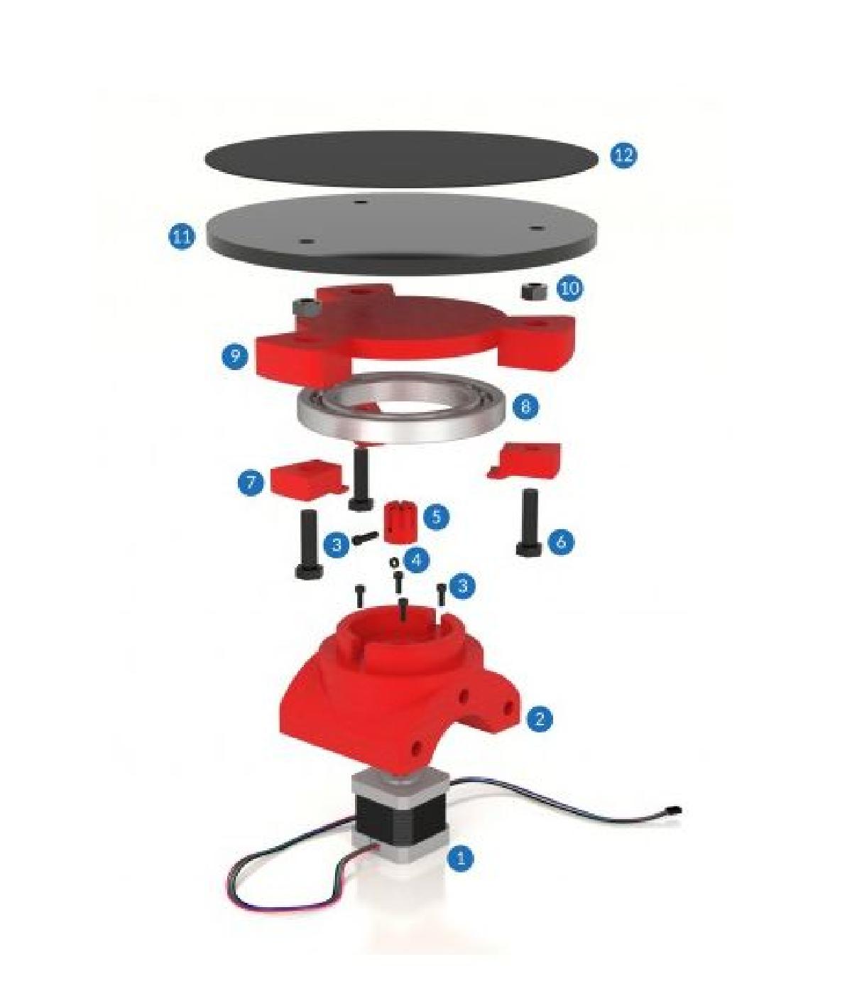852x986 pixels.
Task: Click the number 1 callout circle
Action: [x=460, y=857]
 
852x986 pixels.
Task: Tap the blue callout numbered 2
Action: [x=540, y=718]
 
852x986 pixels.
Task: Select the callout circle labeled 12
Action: [x=623, y=155]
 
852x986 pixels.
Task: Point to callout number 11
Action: [x=182, y=236]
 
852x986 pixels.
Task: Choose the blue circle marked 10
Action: [x=569, y=288]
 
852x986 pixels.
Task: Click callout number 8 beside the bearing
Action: [x=525, y=406]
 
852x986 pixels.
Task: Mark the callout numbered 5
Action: [x=435, y=516]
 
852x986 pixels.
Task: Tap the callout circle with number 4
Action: [x=416, y=560]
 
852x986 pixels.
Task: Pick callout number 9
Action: [x=234, y=354]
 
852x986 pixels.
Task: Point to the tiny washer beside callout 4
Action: [x=393, y=563]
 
